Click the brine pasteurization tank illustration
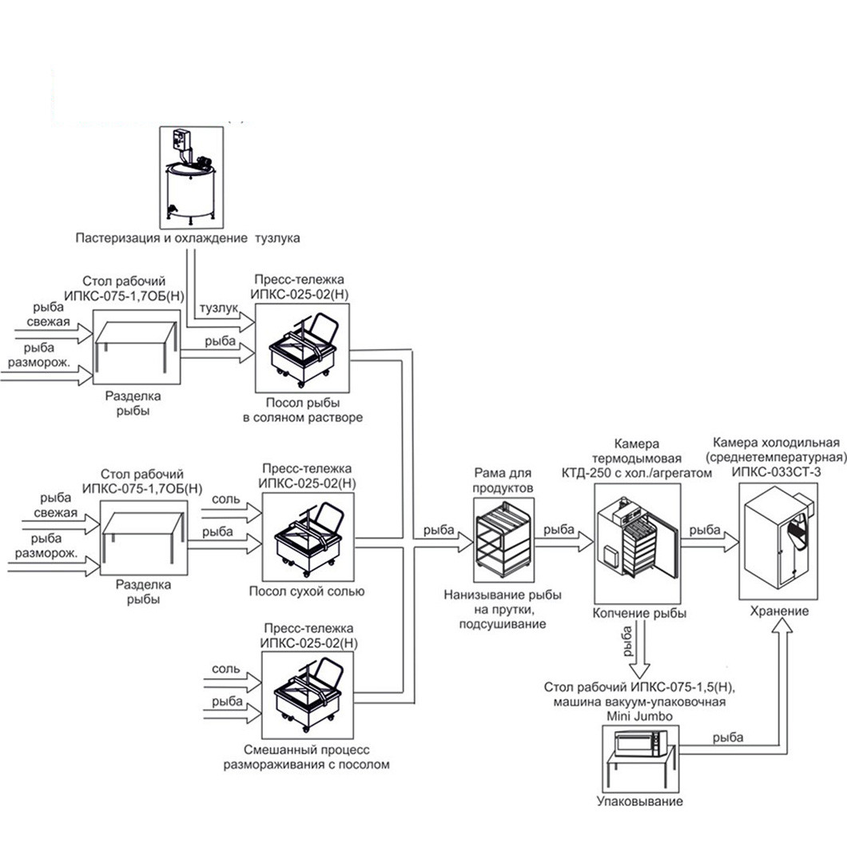pyautogui.click(x=191, y=177)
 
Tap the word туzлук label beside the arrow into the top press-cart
pyautogui.click(x=219, y=308)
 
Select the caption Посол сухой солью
pyautogui.click(x=307, y=591)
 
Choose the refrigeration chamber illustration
pyautogui.click(x=778, y=541)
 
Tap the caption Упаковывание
pyautogui.click(x=639, y=801)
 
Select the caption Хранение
pyautogui.click(x=779, y=611)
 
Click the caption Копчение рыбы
pyautogui.click(x=639, y=613)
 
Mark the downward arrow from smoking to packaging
pyautogui.click(x=641, y=649)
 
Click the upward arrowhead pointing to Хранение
pyautogui.click(x=779, y=626)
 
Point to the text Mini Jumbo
pyautogui.click(x=639, y=716)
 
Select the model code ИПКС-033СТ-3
pyautogui.click(x=776, y=471)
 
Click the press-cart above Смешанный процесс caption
pyautogui.click(x=308, y=695)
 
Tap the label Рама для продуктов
pyautogui.click(x=503, y=480)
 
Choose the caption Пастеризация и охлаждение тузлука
pyautogui.click(x=188, y=237)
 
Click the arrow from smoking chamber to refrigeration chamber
pyautogui.click(x=710, y=543)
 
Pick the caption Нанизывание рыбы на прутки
pyautogui.click(x=503, y=602)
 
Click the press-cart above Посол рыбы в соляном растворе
pyautogui.click(x=302, y=348)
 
